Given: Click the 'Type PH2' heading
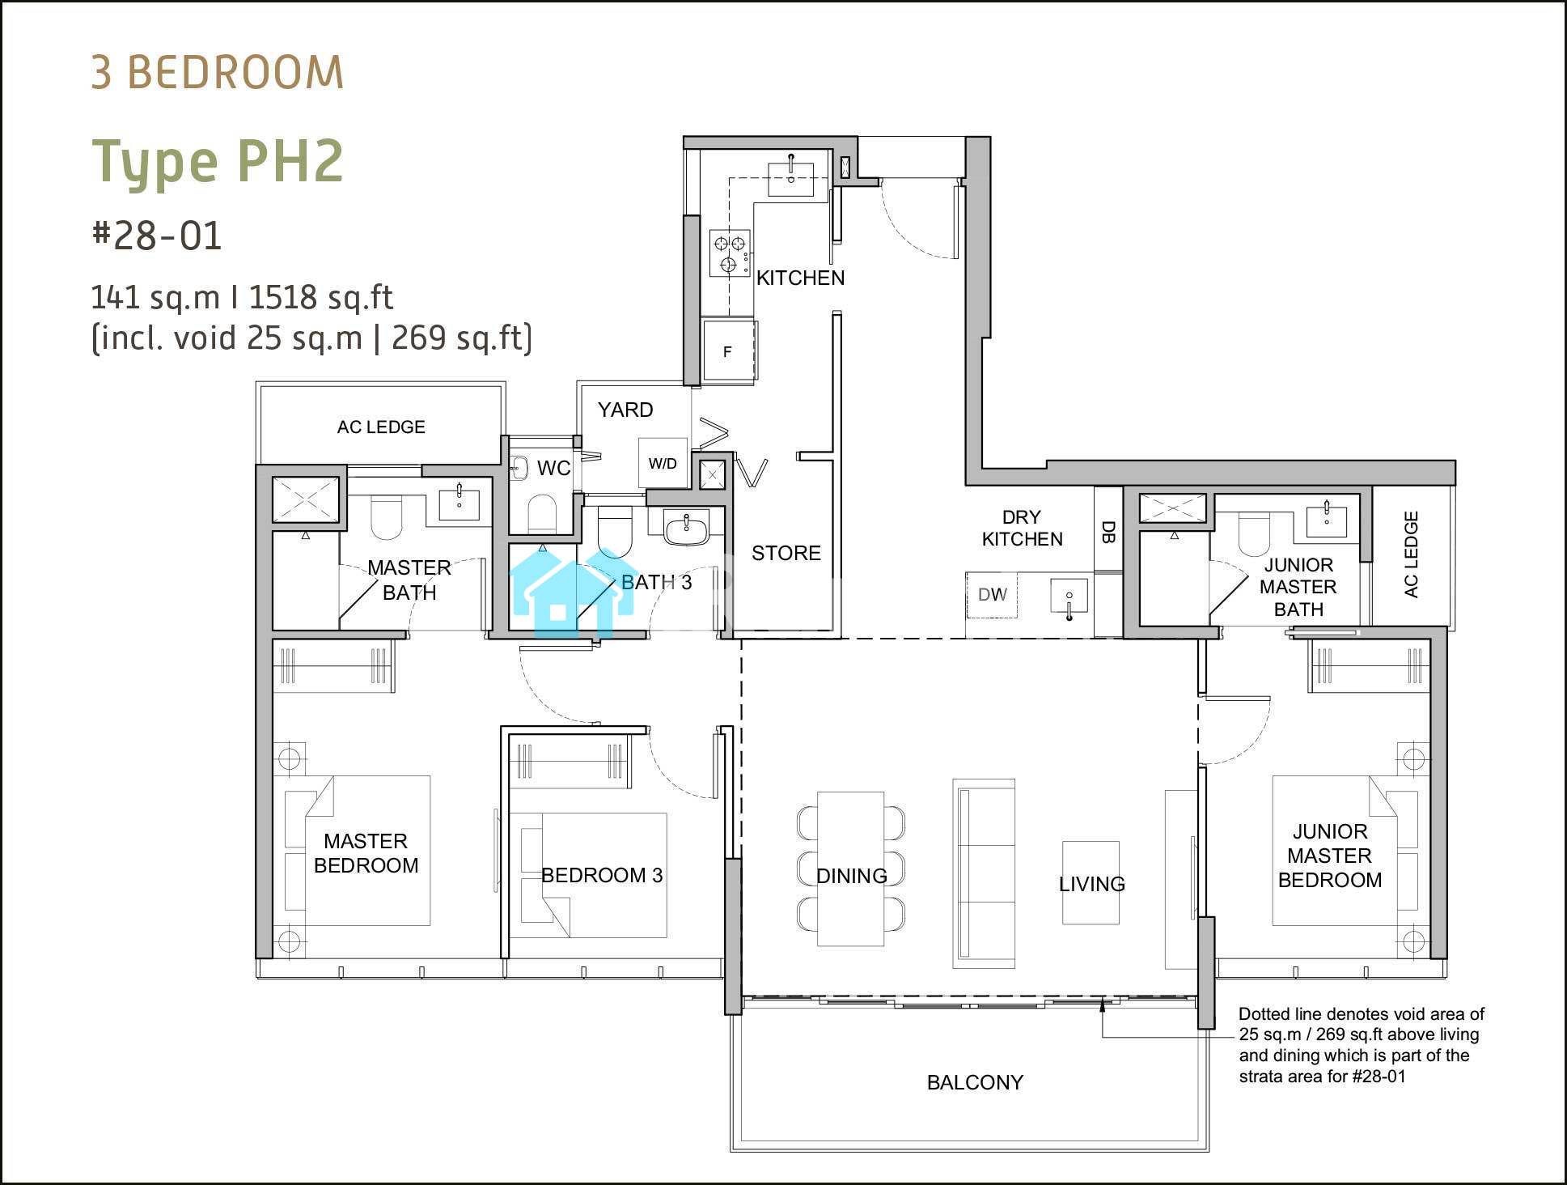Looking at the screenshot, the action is [x=218, y=163].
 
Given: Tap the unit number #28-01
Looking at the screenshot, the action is [x=157, y=236].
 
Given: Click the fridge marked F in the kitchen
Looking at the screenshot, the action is [x=729, y=350].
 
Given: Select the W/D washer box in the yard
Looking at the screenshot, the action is [x=663, y=463].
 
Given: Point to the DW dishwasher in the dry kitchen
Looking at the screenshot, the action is [x=993, y=595].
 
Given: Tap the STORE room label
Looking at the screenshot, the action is [x=786, y=553].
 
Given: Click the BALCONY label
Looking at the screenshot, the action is [x=975, y=1082].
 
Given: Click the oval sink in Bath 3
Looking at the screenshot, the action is [x=686, y=530].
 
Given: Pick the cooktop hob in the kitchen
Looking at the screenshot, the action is [x=731, y=253].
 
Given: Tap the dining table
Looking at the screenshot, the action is [x=850, y=869].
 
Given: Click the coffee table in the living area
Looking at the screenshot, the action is [x=1091, y=881].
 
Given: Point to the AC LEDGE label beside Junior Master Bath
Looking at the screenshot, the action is [x=1412, y=554].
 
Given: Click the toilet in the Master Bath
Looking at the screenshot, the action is [x=387, y=517].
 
